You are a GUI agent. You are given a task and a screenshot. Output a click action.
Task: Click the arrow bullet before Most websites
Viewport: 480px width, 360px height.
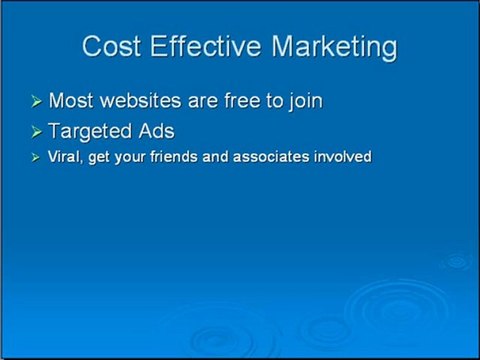pyautogui.click(x=37, y=102)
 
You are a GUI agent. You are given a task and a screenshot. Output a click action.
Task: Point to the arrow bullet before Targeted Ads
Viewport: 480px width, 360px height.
pyautogui.click(x=37, y=131)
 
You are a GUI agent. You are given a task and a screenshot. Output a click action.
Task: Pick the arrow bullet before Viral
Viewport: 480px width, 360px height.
pyautogui.click(x=37, y=157)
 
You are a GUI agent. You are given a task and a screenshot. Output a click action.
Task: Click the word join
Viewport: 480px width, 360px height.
pyautogui.click(x=302, y=102)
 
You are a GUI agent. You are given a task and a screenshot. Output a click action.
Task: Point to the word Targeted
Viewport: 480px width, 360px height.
pyautogui.click(x=90, y=131)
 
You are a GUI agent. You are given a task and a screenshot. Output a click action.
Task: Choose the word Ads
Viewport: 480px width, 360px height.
pyautogui.click(x=155, y=130)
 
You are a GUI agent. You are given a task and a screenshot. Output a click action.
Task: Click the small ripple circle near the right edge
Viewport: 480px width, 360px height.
pyautogui.click(x=457, y=262)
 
